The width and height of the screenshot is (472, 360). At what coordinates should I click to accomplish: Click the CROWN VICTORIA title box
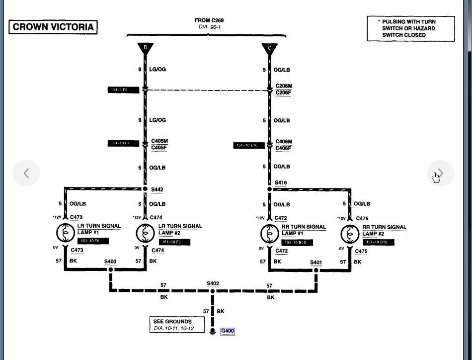click(53, 27)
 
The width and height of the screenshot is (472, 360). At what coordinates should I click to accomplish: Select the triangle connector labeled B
click(145, 48)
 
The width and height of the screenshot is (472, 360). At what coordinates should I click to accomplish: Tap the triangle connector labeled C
click(269, 48)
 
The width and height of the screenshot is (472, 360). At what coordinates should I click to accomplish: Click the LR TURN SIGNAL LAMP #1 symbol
click(65, 233)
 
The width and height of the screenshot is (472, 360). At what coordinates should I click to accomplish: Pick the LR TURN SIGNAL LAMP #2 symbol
click(145, 233)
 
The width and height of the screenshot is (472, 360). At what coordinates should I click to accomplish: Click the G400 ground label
click(227, 331)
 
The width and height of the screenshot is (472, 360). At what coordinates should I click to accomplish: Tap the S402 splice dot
click(213, 291)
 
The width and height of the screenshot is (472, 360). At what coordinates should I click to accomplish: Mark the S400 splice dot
click(110, 270)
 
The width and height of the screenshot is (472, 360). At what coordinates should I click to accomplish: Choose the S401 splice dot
click(316, 270)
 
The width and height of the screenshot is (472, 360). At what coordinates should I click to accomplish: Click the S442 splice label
click(157, 189)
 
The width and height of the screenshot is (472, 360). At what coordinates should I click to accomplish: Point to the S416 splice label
click(281, 183)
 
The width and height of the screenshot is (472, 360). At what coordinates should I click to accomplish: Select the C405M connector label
click(159, 141)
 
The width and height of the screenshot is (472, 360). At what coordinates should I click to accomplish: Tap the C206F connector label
click(284, 92)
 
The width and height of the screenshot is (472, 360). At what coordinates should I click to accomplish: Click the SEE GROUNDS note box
click(177, 325)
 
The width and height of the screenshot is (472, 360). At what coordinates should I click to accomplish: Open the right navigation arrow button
click(440, 174)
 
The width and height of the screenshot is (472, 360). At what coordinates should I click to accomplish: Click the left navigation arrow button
click(26, 174)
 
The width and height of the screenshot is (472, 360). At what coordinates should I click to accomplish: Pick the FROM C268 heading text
click(209, 20)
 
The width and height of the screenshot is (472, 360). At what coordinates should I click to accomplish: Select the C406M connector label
click(284, 142)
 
